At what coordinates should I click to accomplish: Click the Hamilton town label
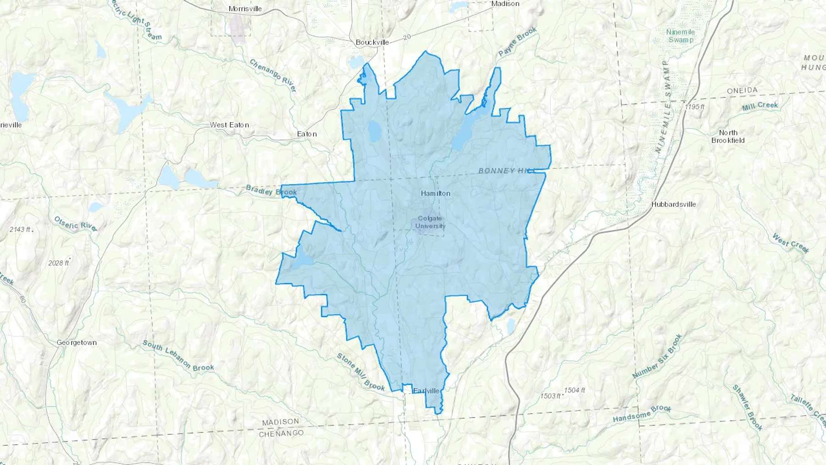(x=435, y=193)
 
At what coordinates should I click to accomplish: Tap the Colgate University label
(x=430, y=222)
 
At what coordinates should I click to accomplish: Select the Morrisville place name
(x=245, y=9)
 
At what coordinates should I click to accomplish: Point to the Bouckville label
(x=372, y=42)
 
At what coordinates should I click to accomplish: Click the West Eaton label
(x=229, y=125)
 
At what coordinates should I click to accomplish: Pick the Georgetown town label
(x=77, y=342)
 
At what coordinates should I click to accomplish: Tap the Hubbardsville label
(x=674, y=204)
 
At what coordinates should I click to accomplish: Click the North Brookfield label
(x=728, y=136)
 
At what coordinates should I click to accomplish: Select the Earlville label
(x=426, y=391)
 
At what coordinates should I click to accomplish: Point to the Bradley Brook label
(x=271, y=190)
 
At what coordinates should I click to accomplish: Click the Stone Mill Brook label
(x=361, y=372)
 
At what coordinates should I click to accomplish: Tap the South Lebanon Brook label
(x=178, y=356)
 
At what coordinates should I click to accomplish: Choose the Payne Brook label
(x=518, y=42)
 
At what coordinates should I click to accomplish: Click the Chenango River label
(x=273, y=76)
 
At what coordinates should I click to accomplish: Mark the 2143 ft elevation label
(x=20, y=229)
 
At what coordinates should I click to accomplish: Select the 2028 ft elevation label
(x=59, y=263)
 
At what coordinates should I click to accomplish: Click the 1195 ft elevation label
(x=694, y=106)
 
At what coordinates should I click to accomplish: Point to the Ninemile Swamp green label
(x=681, y=36)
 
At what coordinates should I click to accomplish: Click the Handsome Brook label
(x=642, y=414)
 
